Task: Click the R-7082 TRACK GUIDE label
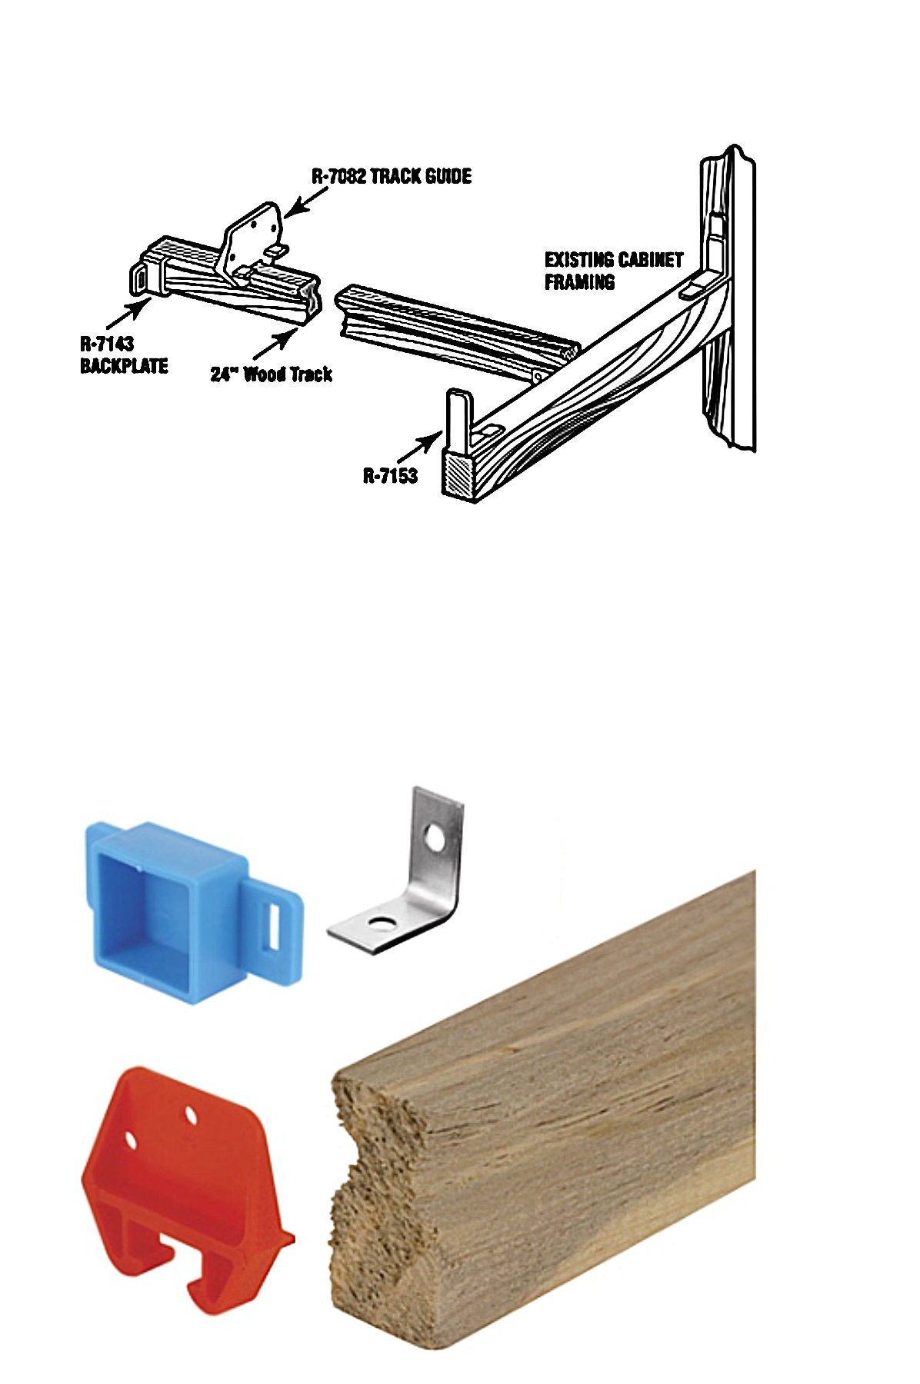[392, 176]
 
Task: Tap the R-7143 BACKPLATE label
[124, 355]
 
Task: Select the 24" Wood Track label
[272, 374]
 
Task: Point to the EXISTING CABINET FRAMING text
[614, 271]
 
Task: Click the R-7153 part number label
[390, 475]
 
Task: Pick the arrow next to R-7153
[423, 446]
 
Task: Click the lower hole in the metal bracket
[378, 922]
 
